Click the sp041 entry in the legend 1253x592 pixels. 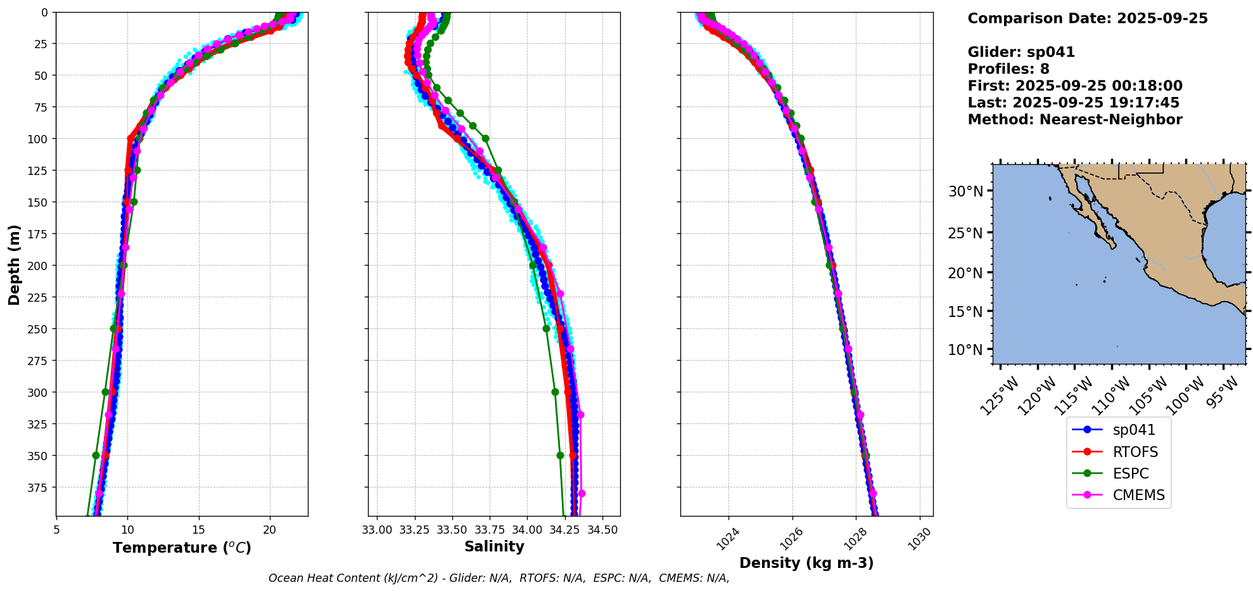pos(1133,430)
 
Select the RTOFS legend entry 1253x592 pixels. pos(1135,452)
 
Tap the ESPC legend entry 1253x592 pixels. pos(1130,473)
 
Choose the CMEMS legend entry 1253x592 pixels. pos(1138,495)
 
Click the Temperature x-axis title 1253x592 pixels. pos(182,548)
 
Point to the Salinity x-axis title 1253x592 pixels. pos(494,546)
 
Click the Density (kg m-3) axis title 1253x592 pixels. pos(806,563)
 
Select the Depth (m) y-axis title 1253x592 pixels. pos(15,264)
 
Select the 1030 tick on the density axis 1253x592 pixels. pos(919,539)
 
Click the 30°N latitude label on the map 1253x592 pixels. pos(965,191)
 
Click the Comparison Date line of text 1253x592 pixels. pos(1087,18)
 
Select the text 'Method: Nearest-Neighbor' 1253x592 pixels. pos(1074,119)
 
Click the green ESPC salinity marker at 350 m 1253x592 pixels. pos(560,455)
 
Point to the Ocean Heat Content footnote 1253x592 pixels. pos(499,578)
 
